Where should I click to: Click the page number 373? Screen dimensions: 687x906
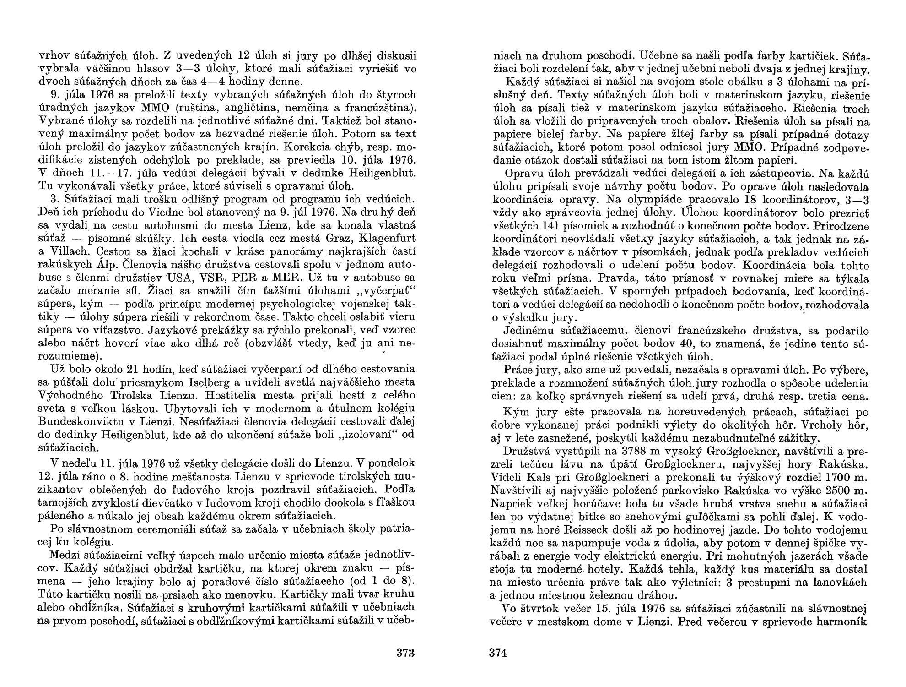coord(405,653)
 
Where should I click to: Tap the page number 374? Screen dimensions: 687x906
coord(498,653)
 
